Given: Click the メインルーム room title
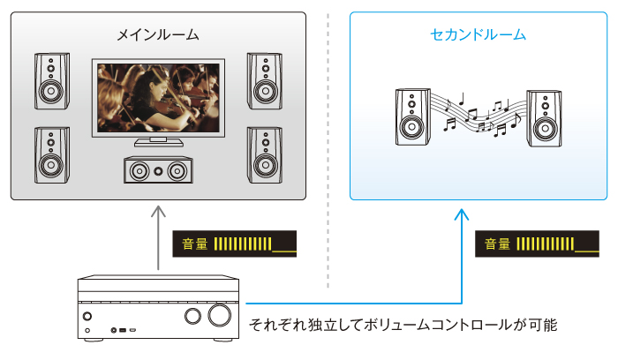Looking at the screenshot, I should [x=158, y=35].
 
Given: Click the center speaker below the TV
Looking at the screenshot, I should [x=158, y=169].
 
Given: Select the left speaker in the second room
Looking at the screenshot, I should [x=412, y=116].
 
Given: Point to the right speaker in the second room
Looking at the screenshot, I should [x=544, y=116].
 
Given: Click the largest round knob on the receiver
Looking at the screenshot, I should [x=220, y=316].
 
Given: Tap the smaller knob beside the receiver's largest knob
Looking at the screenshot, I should [x=192, y=316].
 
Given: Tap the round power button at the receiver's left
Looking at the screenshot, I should [x=87, y=316].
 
